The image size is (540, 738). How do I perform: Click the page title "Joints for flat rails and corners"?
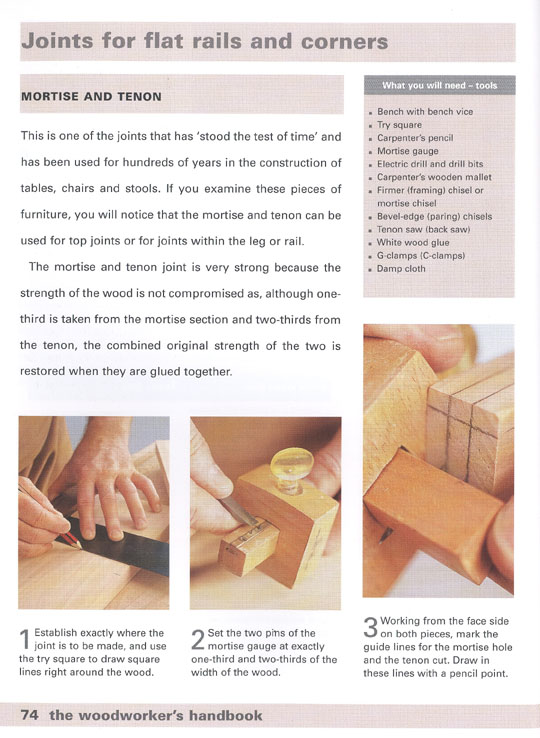coord(205,41)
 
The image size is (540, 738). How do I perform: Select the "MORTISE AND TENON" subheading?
coord(91,97)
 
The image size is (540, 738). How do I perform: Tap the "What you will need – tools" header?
coord(439,86)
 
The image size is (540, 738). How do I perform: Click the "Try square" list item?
coord(399,125)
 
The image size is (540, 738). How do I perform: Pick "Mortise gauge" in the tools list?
coord(408,151)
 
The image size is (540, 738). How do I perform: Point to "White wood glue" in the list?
coord(413,243)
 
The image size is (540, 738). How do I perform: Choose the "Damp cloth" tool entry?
coord(401,269)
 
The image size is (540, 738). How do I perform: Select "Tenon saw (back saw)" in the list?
coord(423,230)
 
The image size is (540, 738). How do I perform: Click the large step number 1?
coord(25,640)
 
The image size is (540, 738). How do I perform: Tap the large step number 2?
coord(198,640)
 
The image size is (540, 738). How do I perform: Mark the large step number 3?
coord(371,627)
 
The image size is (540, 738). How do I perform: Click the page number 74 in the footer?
coord(30,715)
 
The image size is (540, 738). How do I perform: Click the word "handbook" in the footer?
coord(226,715)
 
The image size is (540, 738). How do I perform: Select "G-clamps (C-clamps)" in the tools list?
coord(421,256)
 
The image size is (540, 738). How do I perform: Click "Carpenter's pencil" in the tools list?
coord(415,138)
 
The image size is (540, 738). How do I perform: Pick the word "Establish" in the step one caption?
coord(55,634)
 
